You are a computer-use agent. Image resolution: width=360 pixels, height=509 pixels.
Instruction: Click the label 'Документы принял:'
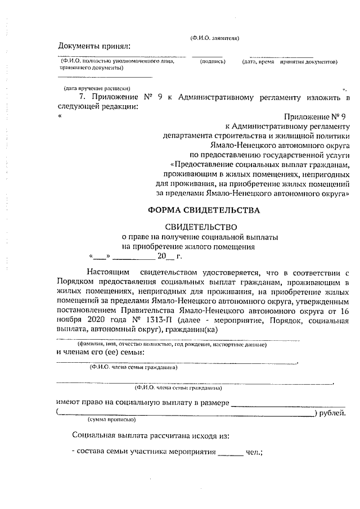pos(94,45)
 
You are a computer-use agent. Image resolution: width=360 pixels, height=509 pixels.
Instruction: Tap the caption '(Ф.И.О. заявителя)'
pos(215,38)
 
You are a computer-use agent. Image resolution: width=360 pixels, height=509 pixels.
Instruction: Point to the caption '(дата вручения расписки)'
pos(97,88)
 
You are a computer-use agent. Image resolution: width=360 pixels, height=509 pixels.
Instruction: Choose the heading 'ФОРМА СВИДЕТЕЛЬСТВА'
pos(204,210)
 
